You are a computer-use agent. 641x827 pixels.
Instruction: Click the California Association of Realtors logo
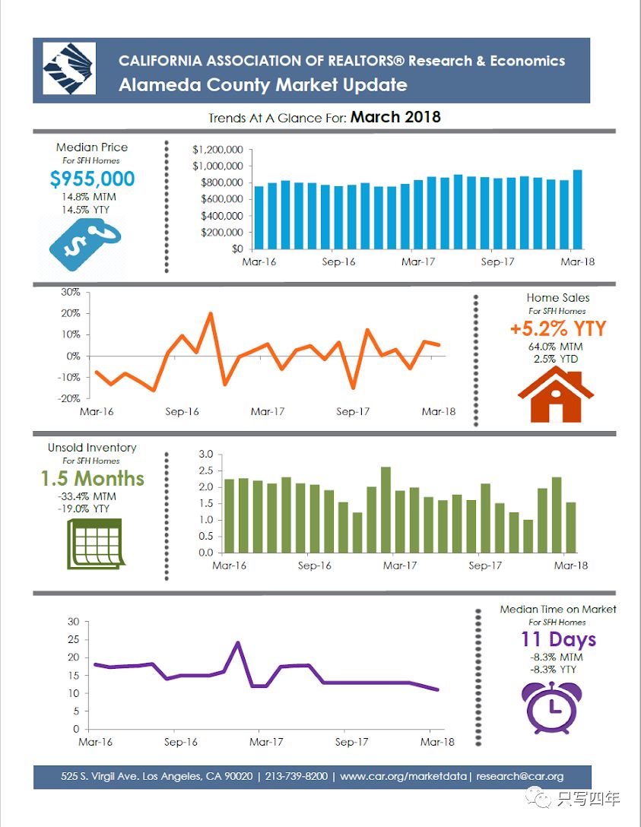click(69, 69)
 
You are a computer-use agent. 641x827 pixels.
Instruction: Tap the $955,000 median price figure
click(92, 179)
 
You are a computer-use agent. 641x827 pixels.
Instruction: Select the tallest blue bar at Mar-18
click(577, 209)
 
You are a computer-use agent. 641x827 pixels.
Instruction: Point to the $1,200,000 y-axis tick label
click(217, 150)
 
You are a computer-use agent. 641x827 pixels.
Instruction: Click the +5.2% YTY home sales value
click(558, 328)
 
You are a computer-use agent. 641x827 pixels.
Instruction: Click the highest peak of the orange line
click(211, 313)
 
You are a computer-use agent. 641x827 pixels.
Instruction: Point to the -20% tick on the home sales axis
click(70, 398)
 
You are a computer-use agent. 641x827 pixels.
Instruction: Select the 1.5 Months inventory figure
click(92, 479)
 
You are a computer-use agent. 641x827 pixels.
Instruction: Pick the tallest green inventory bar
click(386, 509)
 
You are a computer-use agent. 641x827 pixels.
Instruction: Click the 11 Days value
click(557, 639)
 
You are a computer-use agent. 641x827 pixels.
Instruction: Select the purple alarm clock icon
click(552, 706)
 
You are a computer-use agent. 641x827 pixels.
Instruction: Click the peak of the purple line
click(238, 643)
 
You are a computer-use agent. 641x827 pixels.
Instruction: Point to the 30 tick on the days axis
click(74, 621)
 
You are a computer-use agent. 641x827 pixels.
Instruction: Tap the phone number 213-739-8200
click(297, 776)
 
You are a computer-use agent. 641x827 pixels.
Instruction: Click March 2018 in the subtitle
click(395, 117)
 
